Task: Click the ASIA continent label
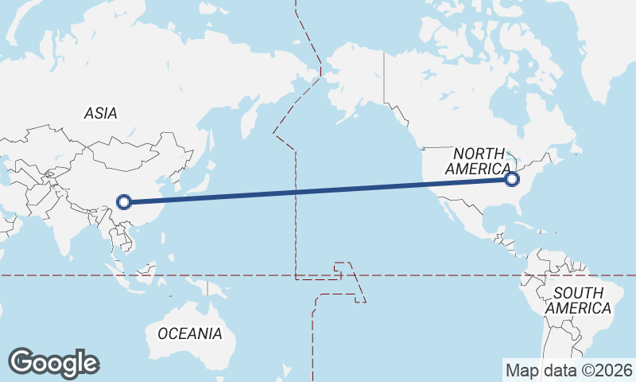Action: coord(100,113)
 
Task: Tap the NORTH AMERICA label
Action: coord(479,161)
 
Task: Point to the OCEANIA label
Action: coord(190,333)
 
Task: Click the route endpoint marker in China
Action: coord(123,201)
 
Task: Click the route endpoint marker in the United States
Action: coord(513,180)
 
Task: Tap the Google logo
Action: coord(53,363)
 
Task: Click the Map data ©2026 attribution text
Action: coord(568,370)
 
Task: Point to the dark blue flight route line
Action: coord(318,191)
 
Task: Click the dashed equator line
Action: coord(445,275)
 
